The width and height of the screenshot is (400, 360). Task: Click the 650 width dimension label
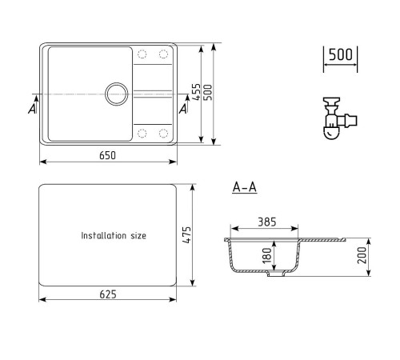(107, 155)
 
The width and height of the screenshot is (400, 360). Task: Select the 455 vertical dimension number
(196, 92)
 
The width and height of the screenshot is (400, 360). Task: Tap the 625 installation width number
(108, 294)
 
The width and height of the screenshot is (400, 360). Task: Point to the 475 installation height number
(187, 234)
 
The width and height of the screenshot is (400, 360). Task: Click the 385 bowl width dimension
(267, 222)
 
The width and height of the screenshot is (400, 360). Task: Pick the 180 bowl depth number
(266, 255)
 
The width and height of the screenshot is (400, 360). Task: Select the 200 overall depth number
(362, 255)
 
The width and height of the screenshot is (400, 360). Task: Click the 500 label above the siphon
(341, 54)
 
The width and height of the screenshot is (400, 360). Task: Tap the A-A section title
(245, 187)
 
